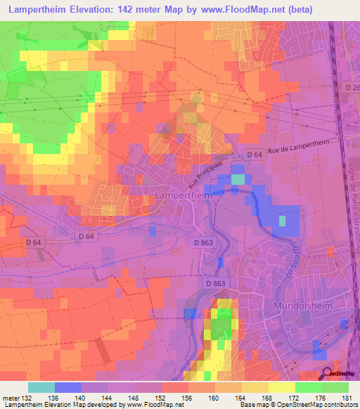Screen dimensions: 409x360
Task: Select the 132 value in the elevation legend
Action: click(28, 398)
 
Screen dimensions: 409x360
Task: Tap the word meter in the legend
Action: click(11, 398)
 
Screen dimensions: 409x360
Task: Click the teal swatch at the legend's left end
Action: click(41, 387)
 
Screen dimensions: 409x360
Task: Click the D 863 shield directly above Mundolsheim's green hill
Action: click(217, 283)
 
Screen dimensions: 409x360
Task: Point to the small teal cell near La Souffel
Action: click(239, 179)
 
